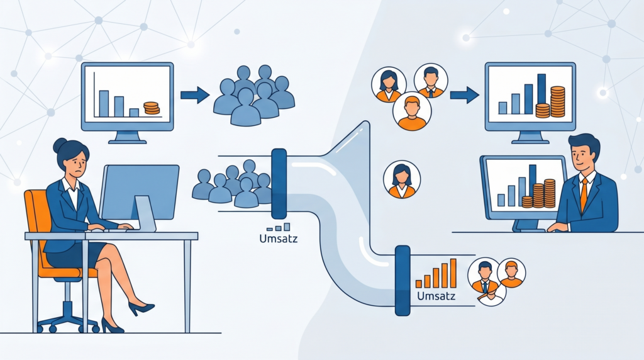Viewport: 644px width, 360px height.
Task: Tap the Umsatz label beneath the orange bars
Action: point(435,296)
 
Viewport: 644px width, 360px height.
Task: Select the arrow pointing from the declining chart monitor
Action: point(194,95)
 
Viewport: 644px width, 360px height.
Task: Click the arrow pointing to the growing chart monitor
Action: point(464,95)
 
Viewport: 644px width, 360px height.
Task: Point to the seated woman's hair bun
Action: point(60,145)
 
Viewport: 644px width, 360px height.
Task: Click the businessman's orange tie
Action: point(584,193)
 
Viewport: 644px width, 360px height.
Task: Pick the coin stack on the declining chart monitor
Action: point(152,108)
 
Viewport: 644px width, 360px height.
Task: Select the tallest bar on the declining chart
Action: point(104,103)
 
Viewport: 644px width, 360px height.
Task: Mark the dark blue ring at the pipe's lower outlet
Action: point(402,280)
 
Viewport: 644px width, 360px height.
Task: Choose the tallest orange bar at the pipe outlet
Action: point(453,274)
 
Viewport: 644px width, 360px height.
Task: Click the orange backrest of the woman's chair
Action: point(36,214)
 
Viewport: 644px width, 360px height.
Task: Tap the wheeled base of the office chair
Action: point(66,318)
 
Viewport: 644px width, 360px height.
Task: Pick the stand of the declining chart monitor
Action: point(128,137)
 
